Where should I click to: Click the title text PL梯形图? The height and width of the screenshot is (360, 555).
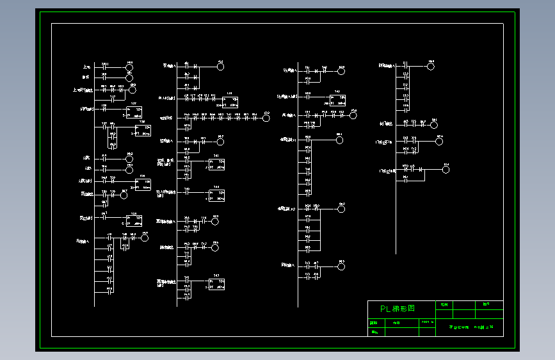click(398, 308)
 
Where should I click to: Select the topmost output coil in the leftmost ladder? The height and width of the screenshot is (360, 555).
click(129, 67)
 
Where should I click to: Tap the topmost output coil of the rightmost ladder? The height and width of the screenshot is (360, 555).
click(431, 66)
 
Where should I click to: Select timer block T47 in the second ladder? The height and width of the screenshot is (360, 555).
click(216, 284)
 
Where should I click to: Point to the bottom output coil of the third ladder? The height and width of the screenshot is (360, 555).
click(341, 265)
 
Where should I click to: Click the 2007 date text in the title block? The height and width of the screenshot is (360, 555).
click(427, 322)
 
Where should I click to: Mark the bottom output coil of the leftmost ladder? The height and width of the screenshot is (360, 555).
click(145, 238)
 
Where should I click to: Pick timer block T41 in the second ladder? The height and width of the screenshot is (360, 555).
click(216, 164)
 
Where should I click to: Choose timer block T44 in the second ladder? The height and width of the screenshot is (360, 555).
click(216, 195)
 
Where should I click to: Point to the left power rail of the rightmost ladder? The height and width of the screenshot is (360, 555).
click(396, 160)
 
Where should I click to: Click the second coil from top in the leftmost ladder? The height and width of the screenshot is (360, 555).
click(129, 78)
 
